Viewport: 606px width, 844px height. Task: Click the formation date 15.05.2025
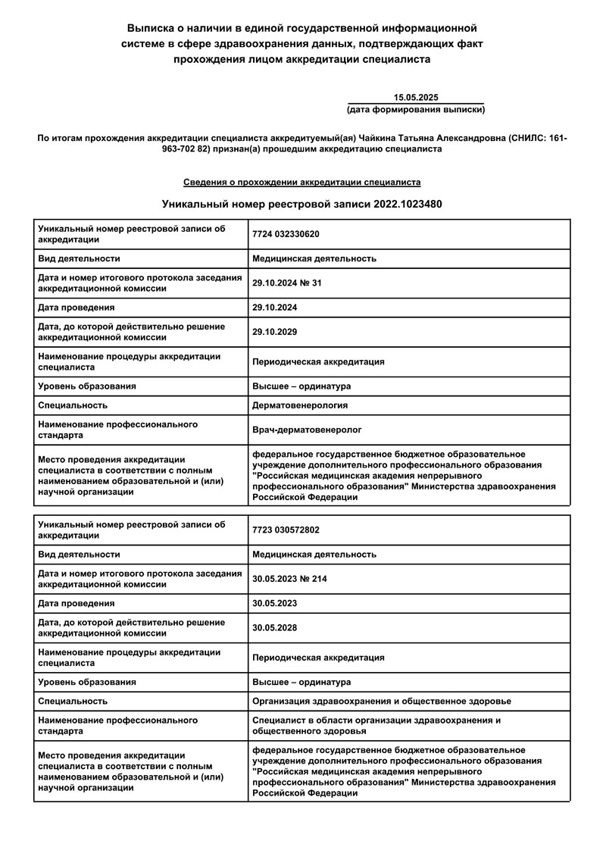coord(416,98)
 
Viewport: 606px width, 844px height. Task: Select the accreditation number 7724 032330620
coord(286,233)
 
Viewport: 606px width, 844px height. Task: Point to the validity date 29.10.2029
coord(275,332)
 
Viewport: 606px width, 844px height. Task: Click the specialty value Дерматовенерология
coord(300,405)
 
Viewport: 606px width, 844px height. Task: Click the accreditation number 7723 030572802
coord(286,530)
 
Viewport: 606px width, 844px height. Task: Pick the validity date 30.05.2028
coord(275,627)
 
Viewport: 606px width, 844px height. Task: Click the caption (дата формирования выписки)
coord(416,110)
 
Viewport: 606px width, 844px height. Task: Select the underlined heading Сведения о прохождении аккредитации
coord(302,183)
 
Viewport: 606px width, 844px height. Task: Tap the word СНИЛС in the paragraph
coord(526,138)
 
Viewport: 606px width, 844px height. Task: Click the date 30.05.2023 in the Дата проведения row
coord(275,603)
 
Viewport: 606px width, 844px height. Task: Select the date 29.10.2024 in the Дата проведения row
coord(275,308)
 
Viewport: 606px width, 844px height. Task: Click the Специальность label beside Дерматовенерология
coord(73,405)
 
